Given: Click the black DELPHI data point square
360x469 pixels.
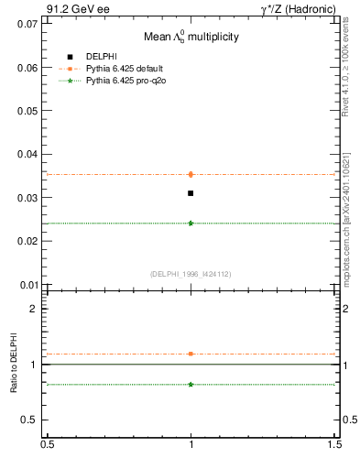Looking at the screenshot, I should click(191, 193).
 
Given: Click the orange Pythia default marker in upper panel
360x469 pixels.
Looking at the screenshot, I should click(191, 174).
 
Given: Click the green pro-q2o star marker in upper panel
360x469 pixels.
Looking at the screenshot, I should click(191, 223).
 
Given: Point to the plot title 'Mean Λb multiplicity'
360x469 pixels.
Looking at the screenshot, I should click(191, 37).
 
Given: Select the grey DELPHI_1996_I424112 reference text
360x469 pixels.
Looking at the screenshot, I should click(191, 273).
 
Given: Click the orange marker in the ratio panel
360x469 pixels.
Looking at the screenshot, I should click(191, 354).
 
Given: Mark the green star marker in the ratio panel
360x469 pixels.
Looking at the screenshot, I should click(191, 384).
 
